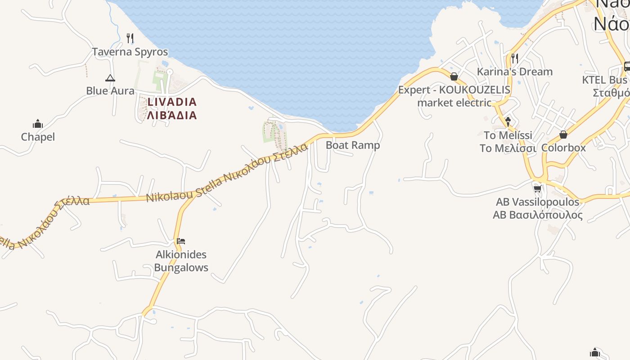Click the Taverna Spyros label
pos(130,52)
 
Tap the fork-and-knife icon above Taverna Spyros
pos(130,38)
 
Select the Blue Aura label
pos(110,91)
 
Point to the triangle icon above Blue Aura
pos(110,78)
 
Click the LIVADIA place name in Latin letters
pos(172,102)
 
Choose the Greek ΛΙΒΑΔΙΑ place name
pos(172,115)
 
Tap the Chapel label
pos(38,137)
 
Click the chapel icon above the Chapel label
pos(38,124)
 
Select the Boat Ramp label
pos(353,145)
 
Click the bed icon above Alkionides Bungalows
pos(181,241)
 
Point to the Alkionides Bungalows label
pos(181,261)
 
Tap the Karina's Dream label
pos(514,72)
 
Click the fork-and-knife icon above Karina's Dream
pos(514,58)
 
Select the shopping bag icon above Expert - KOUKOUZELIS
pos(454,76)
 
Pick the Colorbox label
pos(563,148)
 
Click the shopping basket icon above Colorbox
pos(563,135)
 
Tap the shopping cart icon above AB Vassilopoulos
pos(537,189)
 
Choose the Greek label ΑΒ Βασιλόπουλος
pos(537,215)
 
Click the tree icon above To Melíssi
pos(508,121)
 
